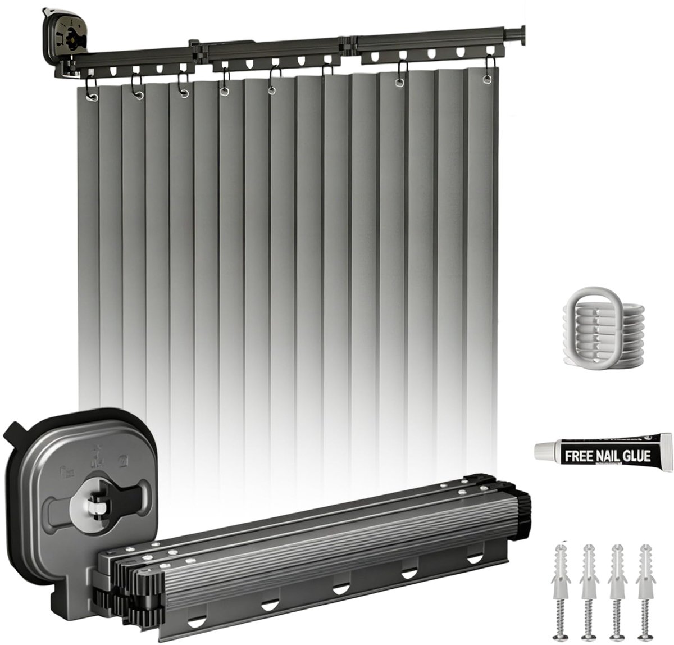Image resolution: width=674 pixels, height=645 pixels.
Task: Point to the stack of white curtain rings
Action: point(603,326)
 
